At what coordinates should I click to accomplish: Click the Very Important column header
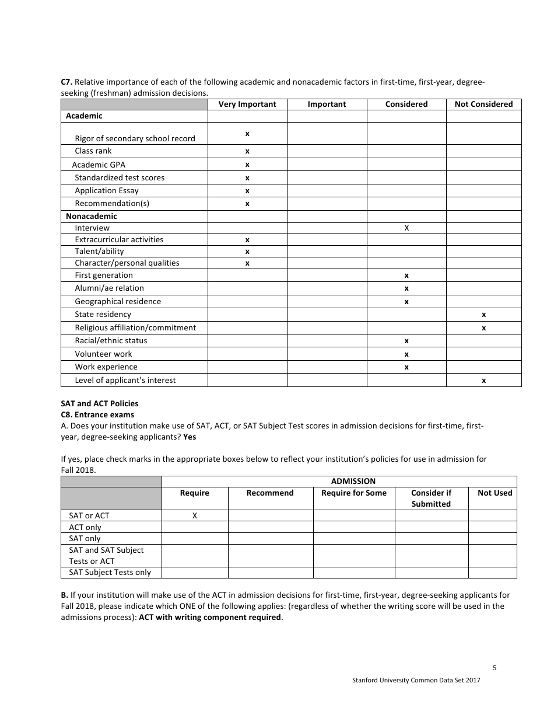247,104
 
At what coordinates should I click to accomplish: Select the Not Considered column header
483,104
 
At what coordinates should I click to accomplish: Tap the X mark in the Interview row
406,228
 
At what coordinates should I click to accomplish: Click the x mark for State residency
483,315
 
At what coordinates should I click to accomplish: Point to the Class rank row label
93,151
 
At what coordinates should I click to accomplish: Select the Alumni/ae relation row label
109,288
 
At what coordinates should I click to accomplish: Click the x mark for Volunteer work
406,354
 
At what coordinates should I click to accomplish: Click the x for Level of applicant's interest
483,381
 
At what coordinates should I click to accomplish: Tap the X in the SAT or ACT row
195,515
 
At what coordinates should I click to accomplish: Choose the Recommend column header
270,493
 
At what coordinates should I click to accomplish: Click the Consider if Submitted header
431,498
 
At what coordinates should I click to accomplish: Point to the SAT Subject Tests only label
110,572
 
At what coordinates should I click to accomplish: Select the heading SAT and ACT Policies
99,403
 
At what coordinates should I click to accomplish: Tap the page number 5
495,668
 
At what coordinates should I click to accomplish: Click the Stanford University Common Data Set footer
416,680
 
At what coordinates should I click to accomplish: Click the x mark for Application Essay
247,191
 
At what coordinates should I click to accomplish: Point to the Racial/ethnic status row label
111,340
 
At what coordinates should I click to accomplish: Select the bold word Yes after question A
190,437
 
